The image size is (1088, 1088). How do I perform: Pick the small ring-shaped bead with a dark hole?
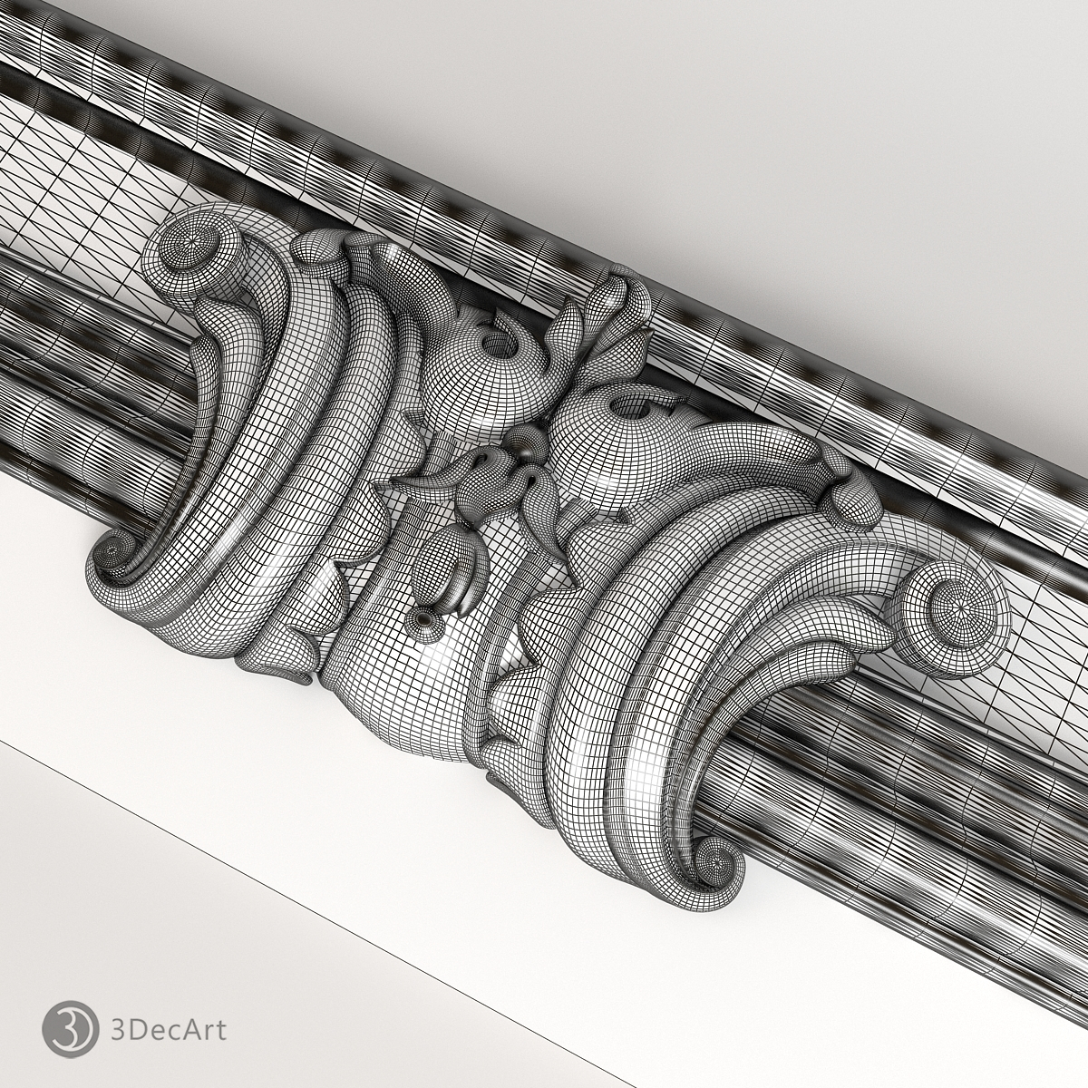422,619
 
